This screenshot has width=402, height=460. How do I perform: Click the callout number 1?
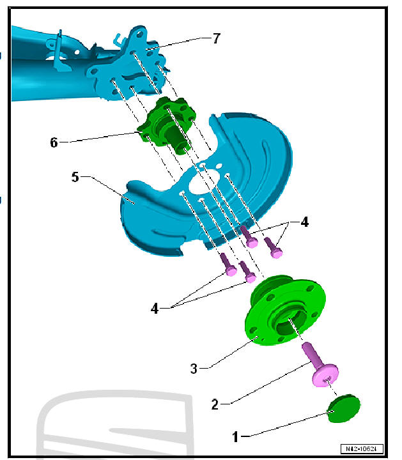click(236, 437)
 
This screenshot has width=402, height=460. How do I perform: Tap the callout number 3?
click(195, 368)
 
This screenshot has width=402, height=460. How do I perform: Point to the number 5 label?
click(75, 176)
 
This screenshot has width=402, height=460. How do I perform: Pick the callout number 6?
click(54, 142)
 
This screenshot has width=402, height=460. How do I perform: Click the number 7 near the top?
click(216, 38)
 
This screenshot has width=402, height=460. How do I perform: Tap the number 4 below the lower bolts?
click(155, 308)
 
